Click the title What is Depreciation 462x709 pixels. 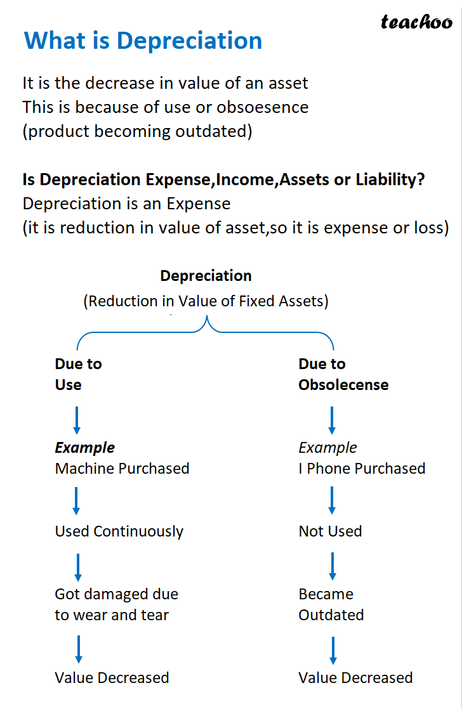(143, 41)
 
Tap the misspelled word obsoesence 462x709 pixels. (263, 107)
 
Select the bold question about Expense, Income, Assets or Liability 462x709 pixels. (223, 180)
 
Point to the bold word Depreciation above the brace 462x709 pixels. (206, 276)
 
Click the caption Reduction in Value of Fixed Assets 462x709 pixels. (206, 301)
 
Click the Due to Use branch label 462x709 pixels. (78, 374)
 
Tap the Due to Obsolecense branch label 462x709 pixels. (343, 374)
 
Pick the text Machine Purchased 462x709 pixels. (122, 469)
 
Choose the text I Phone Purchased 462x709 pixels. (362, 469)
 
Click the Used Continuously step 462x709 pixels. (119, 531)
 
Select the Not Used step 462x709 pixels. (330, 531)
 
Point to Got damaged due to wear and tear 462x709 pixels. (116, 604)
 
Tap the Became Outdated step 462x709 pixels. (331, 604)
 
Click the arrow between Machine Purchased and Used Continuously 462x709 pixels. (77, 500)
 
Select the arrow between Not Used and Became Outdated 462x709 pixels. (333, 566)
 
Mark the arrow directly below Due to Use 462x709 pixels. (77, 420)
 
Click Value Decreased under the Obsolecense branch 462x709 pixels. (355, 678)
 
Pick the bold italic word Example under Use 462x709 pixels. (84, 448)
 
